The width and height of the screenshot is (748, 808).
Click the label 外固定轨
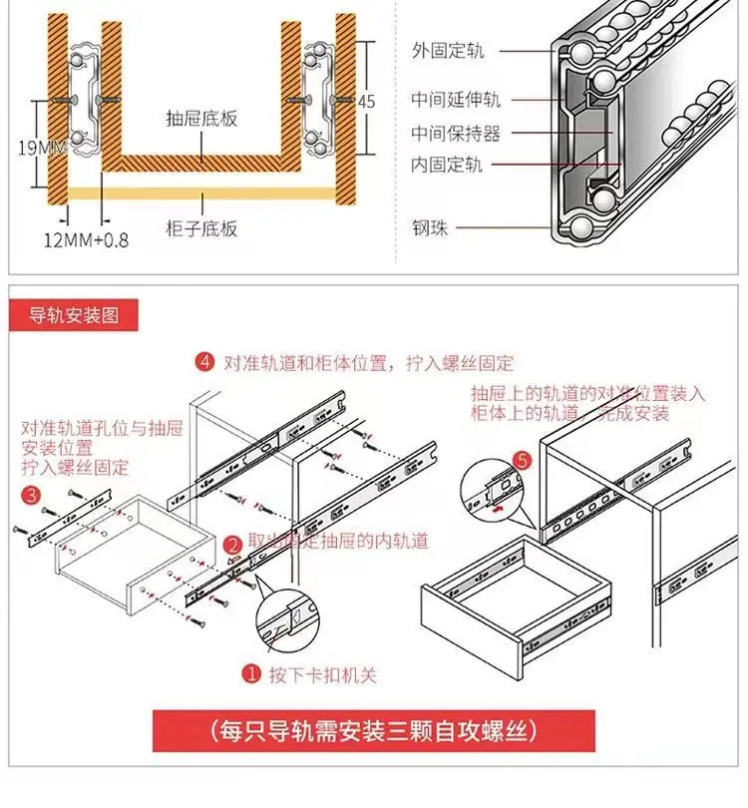[x=448, y=51]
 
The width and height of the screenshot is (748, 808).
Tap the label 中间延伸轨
[x=456, y=99]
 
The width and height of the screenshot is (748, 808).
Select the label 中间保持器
[x=456, y=134]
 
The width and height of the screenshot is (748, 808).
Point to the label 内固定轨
[x=447, y=165]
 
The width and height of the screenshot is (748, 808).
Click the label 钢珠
[x=430, y=227]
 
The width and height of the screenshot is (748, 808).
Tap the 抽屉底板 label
[x=201, y=118]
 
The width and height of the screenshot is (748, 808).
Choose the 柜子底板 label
[x=201, y=228]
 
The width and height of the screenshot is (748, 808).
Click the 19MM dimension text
[x=42, y=148]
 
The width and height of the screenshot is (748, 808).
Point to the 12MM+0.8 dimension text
[x=86, y=240]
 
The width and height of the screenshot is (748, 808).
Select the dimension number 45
[x=366, y=102]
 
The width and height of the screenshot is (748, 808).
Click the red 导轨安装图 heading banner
[x=73, y=315]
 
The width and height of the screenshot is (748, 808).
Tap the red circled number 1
[x=251, y=673]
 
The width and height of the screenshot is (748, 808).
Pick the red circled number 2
[x=233, y=546]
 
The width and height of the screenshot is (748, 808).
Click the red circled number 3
[x=32, y=495]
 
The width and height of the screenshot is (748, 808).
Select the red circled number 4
[x=204, y=362]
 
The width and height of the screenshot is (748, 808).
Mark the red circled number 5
[x=523, y=460]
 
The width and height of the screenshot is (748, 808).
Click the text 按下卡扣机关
[x=323, y=674]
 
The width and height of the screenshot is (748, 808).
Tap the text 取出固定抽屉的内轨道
[x=338, y=541]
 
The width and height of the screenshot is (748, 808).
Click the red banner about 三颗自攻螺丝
[x=373, y=731]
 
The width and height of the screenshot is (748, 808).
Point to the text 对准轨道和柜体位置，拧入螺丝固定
[x=368, y=363]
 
